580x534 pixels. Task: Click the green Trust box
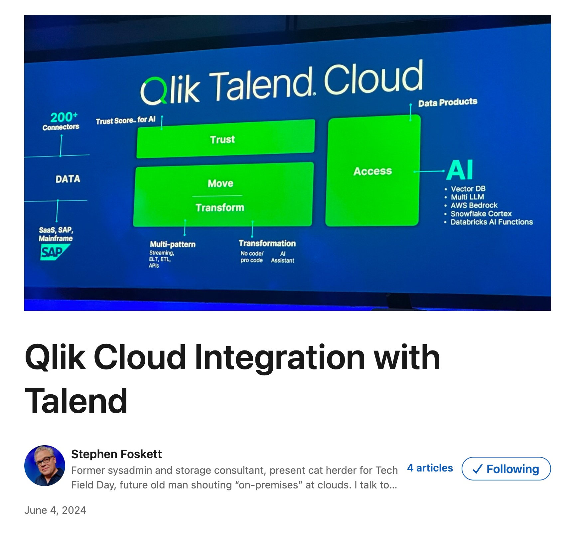point(226,139)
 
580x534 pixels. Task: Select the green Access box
point(373,171)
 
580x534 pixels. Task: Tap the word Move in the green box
point(220,183)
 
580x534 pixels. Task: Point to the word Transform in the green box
point(220,207)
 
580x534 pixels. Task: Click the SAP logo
point(55,252)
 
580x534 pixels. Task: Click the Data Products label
point(448,102)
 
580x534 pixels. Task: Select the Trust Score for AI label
point(126,120)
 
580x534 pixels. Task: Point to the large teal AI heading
point(460,170)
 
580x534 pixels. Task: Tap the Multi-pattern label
point(173,244)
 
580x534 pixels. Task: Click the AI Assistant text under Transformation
point(283,257)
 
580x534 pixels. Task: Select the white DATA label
point(68,179)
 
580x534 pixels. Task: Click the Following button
point(506,468)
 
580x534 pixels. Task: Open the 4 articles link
point(430,468)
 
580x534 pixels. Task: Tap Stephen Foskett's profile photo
point(45,466)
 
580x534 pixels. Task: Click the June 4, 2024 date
point(55,510)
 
